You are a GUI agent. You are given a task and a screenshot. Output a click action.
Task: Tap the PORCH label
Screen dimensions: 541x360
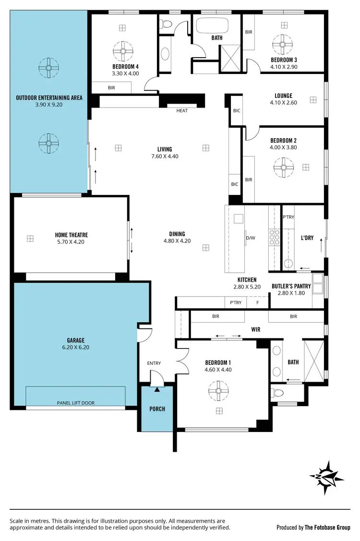[157, 409]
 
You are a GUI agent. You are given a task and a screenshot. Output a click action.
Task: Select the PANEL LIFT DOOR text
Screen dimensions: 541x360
[75, 403]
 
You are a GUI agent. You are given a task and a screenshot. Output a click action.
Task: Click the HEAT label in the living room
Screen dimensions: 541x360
[182, 111]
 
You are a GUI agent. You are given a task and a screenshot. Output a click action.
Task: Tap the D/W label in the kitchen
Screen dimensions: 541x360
[250, 238]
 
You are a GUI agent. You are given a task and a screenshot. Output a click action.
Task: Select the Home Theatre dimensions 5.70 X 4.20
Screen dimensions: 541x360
[72, 243]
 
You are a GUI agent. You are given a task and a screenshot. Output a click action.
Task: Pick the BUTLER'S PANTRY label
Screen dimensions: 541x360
[291, 286]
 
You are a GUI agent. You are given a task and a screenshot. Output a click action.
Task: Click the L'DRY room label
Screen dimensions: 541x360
[307, 238]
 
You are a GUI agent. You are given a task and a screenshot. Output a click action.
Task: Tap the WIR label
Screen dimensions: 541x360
[255, 330]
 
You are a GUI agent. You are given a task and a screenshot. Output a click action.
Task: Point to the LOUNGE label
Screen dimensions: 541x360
[283, 96]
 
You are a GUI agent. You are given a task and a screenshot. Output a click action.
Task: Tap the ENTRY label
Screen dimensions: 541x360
[154, 363]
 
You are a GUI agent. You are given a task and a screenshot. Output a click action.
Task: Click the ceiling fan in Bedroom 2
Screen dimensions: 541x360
[283, 168]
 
